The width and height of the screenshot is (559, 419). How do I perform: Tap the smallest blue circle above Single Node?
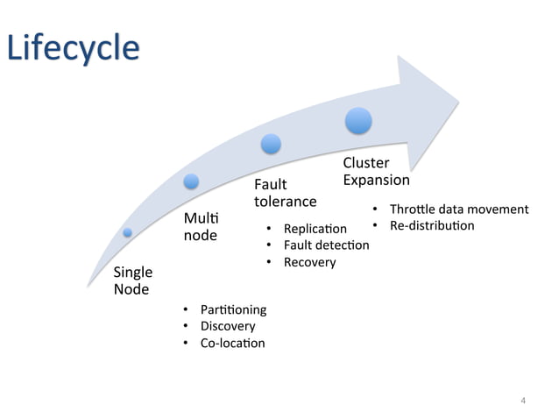128,232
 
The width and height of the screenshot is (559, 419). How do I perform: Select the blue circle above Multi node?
191,181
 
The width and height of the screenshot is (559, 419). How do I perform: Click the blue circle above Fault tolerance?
271,143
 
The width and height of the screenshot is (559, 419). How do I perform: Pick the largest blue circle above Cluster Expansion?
358,120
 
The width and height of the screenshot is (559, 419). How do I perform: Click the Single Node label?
133,281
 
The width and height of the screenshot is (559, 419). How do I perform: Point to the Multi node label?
200,226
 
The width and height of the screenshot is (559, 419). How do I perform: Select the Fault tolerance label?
285,193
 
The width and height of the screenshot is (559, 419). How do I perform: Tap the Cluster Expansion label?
376,171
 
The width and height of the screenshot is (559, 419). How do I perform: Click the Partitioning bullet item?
233,309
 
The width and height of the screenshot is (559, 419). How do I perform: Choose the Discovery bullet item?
228,326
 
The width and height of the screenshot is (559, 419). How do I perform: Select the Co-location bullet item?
232,343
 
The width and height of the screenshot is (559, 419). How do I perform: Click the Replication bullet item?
315,229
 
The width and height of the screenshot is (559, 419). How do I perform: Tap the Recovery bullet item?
309,262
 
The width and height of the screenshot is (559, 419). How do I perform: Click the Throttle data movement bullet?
458,209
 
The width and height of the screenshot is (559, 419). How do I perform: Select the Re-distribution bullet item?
431,226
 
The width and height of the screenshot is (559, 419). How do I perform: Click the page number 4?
523,401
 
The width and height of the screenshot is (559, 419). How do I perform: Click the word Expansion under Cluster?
376,180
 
